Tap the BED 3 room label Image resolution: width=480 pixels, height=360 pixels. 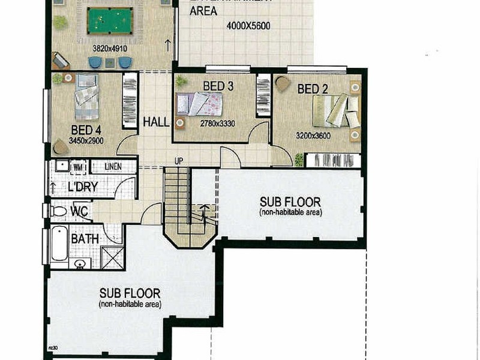(x=218, y=86)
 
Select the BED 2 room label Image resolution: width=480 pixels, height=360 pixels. (x=313, y=89)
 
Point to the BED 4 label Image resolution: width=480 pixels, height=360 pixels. (x=86, y=130)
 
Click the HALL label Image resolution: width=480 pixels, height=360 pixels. (x=156, y=122)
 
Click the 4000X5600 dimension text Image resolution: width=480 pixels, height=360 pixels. (x=249, y=26)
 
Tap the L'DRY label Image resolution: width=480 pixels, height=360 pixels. (x=83, y=187)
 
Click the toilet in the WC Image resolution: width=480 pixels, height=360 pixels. (x=58, y=211)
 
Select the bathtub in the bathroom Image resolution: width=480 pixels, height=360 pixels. (x=59, y=244)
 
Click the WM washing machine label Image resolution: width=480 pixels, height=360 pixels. (x=78, y=166)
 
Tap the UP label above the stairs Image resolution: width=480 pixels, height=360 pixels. (x=178, y=161)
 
